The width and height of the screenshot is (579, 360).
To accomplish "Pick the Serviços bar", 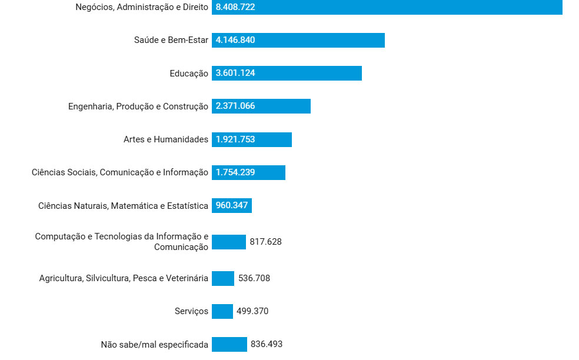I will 222,311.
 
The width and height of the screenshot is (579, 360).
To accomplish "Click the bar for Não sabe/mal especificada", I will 229,344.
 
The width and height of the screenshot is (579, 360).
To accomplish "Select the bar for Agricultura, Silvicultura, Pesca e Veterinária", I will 223,278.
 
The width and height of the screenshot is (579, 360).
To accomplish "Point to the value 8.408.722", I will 235,7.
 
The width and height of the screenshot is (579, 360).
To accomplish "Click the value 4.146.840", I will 235,40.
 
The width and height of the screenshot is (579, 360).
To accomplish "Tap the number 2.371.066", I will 235,106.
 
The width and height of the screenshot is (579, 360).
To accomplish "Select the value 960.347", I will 232,205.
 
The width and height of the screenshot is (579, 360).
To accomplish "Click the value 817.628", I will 265,242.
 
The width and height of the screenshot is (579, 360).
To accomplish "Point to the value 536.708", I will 254,278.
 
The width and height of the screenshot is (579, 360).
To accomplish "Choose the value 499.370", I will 252,311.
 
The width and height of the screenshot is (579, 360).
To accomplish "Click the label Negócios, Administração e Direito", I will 142,7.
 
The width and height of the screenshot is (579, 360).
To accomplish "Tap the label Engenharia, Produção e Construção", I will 138,106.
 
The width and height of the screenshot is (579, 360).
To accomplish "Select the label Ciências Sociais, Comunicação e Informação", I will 120,172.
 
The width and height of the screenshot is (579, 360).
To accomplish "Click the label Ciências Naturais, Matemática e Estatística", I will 123,205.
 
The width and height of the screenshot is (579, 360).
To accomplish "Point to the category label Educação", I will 189,74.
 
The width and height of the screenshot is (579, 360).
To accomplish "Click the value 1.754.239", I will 235,172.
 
